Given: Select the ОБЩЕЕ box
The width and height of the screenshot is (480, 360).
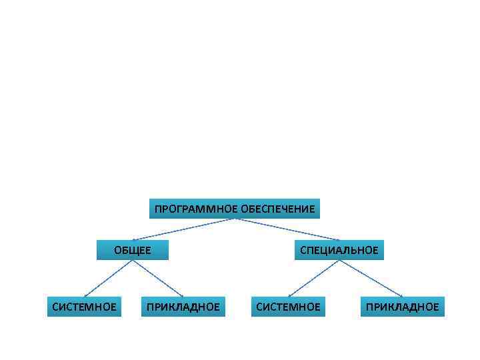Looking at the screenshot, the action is (133, 250).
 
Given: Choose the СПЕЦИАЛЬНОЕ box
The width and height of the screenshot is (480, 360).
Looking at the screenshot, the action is (339, 250).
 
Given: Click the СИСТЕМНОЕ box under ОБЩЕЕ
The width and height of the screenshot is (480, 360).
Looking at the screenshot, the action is (84, 307).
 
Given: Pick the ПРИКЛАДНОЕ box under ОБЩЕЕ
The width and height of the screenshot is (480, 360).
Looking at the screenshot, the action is (183, 307).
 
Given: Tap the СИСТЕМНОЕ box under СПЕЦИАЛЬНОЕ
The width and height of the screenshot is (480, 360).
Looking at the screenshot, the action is (288, 307).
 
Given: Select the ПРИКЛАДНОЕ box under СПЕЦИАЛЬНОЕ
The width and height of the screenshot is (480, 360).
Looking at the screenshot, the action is (403, 307).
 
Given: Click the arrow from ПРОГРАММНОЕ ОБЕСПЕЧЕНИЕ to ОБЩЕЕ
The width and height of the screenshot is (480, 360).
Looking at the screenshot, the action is (183, 229).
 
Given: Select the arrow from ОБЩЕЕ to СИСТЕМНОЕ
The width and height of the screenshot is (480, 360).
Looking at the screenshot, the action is (109, 278).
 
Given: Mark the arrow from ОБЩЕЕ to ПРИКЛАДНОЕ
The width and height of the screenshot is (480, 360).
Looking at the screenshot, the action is (158, 278).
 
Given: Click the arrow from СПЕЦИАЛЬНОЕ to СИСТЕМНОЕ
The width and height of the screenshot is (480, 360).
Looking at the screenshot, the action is (313, 278).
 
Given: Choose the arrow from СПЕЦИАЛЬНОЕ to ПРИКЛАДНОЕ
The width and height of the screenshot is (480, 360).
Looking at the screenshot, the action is (371, 278).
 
